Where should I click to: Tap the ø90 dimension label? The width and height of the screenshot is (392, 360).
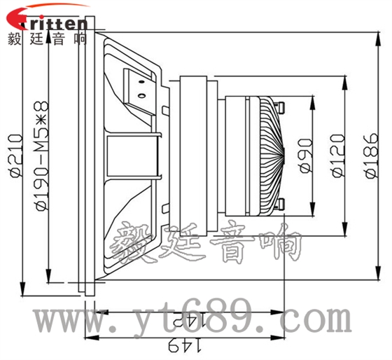(304, 155)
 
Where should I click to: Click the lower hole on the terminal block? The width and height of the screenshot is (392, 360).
(142, 95)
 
